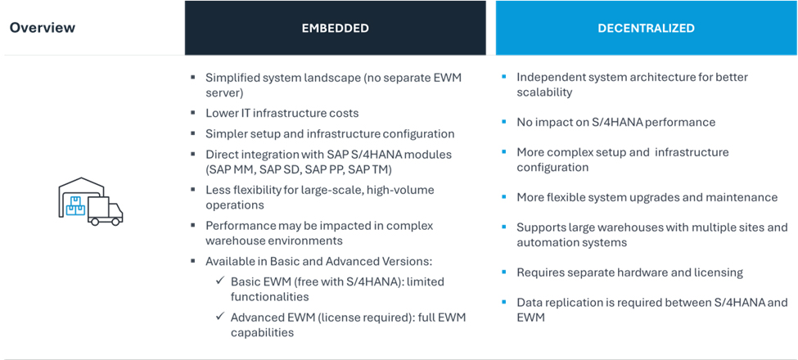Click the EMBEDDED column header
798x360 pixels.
coord(335,28)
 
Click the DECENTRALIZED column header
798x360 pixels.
coord(646,28)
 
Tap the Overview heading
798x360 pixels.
coord(43,28)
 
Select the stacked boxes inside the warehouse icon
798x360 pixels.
coord(75,206)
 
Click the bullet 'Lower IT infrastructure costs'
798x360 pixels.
coord(282,113)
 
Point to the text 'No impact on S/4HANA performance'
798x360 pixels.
coord(615,122)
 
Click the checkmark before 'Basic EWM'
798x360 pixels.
coord(220,281)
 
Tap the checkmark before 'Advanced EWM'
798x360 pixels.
coord(220,317)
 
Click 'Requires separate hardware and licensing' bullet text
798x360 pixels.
coord(629,272)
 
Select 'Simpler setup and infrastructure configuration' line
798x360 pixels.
coord(330,133)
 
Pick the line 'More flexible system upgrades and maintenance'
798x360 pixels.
coord(647,197)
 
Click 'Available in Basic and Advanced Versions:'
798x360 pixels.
coord(318,261)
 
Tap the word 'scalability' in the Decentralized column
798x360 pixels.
coord(544,92)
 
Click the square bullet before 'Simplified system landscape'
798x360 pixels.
coord(193,78)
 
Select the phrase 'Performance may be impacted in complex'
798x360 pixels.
coord(319,225)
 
